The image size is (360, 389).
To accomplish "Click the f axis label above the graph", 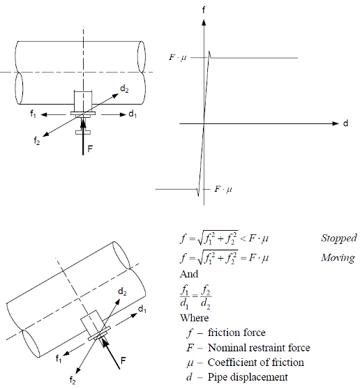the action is tap(204, 10).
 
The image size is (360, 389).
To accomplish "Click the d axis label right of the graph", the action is tap(345, 123).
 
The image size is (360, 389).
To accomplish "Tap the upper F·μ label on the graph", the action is tap(177, 58).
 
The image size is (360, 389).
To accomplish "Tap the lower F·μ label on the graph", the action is tap(223, 190).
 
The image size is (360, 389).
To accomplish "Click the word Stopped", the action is tap(339, 238).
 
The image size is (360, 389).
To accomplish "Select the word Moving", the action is tap(338, 258).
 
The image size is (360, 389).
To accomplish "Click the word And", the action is tap(189, 274).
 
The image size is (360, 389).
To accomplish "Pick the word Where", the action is tap(195, 318).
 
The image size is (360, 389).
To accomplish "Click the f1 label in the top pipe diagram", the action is tap(33, 114).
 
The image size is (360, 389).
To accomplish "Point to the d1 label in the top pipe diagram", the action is tap(133, 114).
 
